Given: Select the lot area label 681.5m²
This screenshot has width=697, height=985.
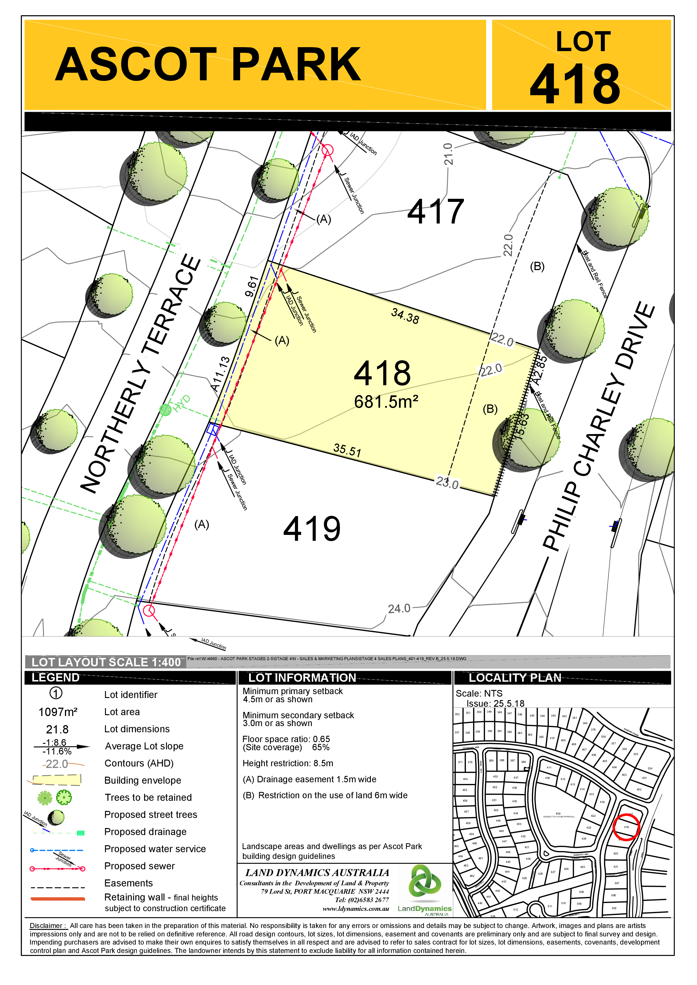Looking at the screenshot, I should pyautogui.click(x=386, y=402).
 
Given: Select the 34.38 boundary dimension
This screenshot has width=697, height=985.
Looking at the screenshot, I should pyautogui.click(x=405, y=316).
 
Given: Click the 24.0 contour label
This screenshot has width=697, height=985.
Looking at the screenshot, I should pyautogui.click(x=399, y=609).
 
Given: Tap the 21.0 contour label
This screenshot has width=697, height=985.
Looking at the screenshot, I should pyautogui.click(x=448, y=154).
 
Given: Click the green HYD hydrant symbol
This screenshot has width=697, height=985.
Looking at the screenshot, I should pyautogui.click(x=165, y=410).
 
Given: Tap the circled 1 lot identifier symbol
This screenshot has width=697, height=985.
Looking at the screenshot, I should pyautogui.click(x=56, y=693).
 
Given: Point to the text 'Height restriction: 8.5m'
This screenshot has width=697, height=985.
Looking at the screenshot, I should pyautogui.click(x=288, y=763).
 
